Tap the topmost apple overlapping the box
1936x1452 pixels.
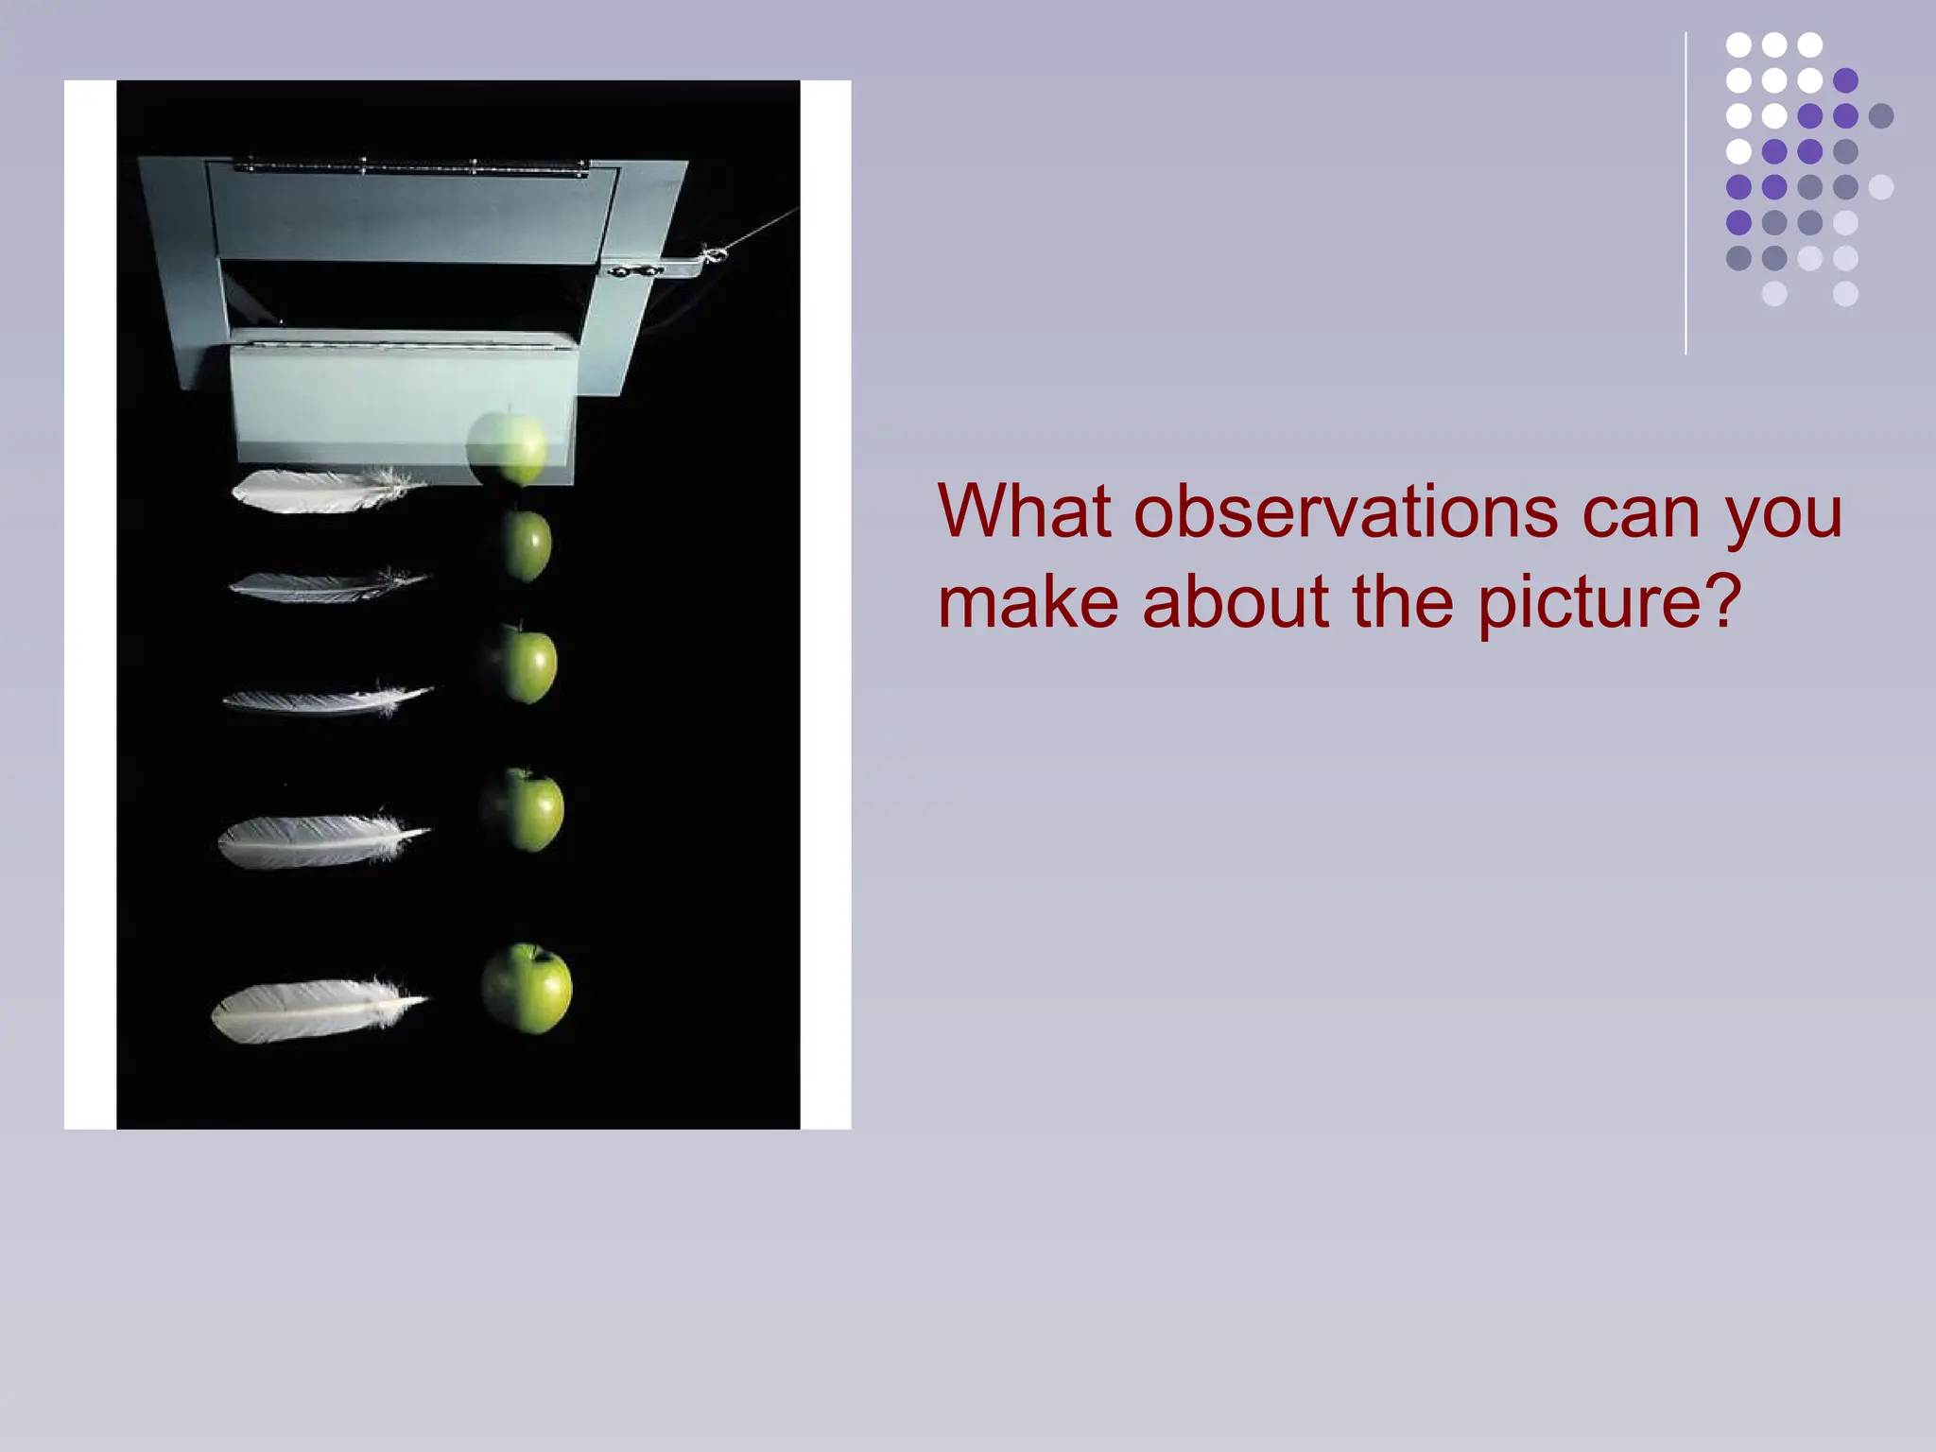[508, 449]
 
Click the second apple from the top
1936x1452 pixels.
[523, 545]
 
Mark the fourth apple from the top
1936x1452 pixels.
[523, 810]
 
